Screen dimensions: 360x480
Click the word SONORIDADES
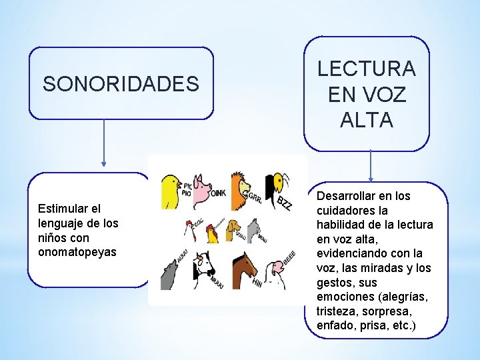121,84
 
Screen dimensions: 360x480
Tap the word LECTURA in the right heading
366,69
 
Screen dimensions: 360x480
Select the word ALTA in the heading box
366,120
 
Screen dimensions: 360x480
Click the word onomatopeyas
77,252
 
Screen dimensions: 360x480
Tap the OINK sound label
219,193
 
